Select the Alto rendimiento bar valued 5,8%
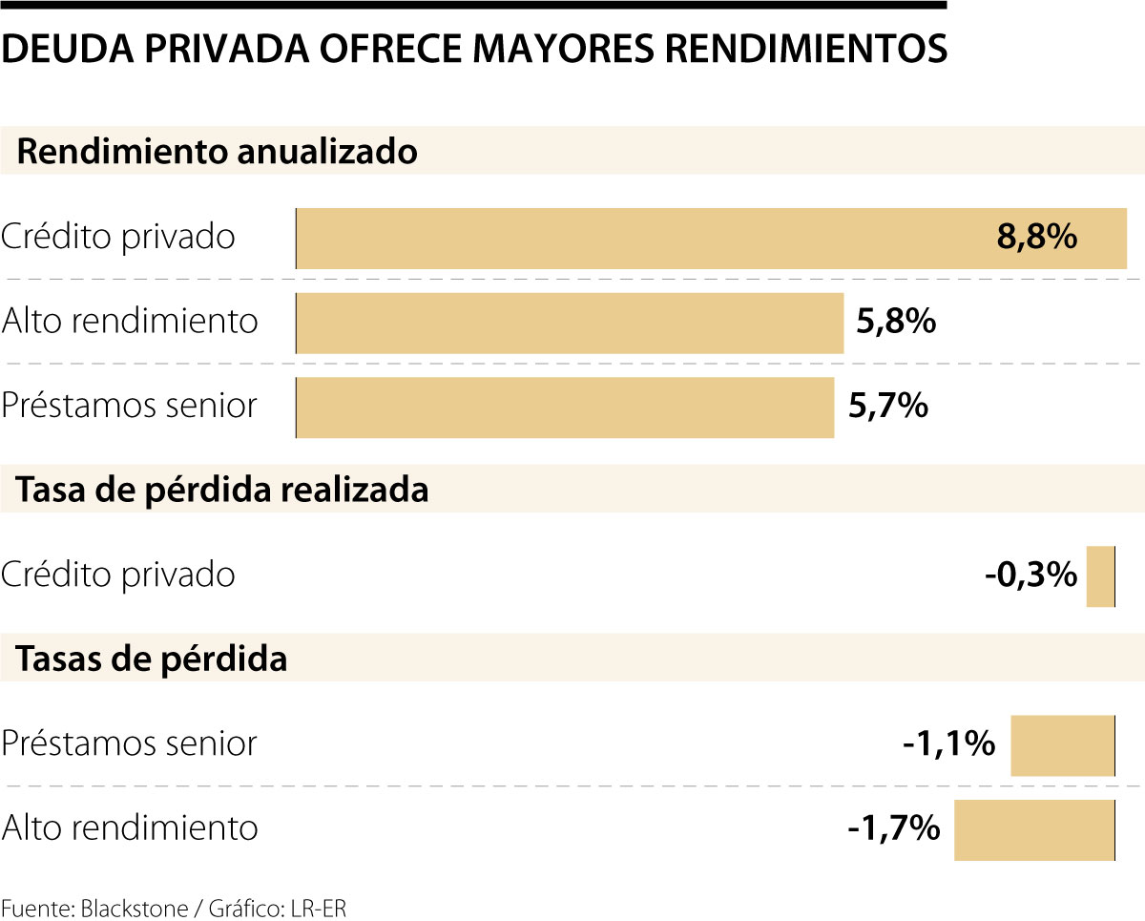[570, 323]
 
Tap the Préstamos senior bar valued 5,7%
[565, 407]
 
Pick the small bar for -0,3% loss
[1100, 576]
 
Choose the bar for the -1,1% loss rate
[1062, 744]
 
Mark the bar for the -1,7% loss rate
[1033, 829]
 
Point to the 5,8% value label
[895, 323]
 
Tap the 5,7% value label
[887, 407]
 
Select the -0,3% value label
[1030, 576]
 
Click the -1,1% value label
[948, 744]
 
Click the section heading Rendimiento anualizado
[218, 152]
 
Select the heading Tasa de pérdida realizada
[223, 490]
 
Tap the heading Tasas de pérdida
[153, 659]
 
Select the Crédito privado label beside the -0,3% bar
[118, 576]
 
